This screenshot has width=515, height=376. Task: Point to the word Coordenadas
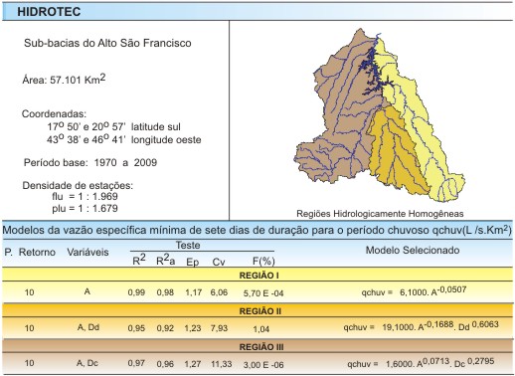[54, 114]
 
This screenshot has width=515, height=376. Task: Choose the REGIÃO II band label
[257, 310]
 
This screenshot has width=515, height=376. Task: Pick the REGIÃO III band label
[257, 349]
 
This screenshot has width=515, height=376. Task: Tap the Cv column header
[219, 261]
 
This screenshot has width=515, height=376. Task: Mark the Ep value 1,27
[192, 366]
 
